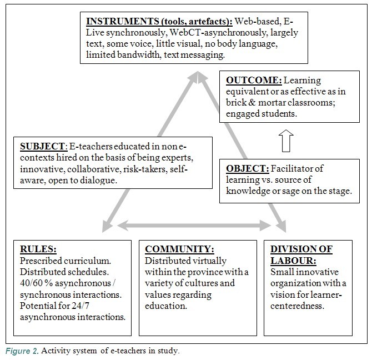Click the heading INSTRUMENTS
click(122, 21)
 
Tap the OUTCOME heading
click(254, 80)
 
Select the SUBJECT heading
click(42, 147)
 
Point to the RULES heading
click(38, 249)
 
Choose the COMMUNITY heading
click(179, 249)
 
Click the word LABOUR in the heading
click(293, 261)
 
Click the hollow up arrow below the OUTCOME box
click(286, 141)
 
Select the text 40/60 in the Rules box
click(29, 283)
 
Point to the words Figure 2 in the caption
click(22, 351)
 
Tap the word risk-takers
click(145, 169)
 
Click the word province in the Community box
click(204, 272)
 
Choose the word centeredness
click(297, 306)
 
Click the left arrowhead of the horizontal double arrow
click(123, 226)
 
